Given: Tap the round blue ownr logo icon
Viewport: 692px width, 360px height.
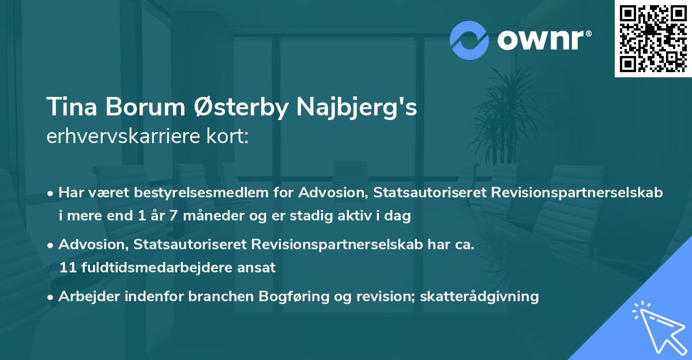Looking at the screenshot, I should click(x=469, y=40).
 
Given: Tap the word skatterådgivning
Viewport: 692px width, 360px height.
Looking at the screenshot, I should click(x=480, y=297).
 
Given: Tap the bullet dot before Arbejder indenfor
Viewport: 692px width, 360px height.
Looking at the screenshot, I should click(x=51, y=297).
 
